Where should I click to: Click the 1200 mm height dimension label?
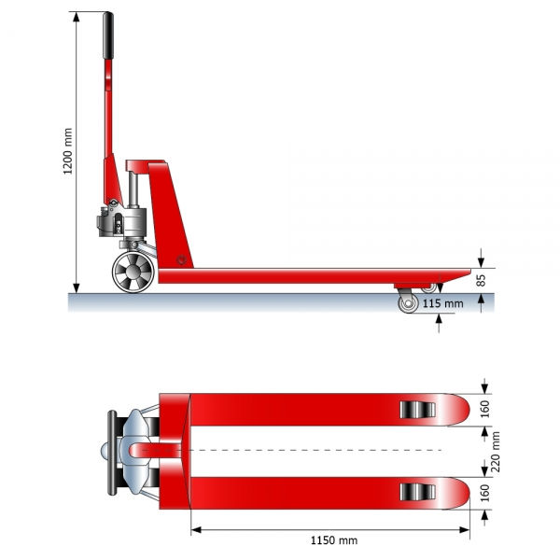[67, 151]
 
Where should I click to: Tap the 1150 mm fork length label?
[334, 540]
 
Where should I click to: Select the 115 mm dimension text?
[442, 303]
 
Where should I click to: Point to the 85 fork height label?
[481, 280]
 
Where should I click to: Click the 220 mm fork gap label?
[496, 452]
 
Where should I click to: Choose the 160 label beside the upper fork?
[484, 410]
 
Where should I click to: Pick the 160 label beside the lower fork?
[484, 493]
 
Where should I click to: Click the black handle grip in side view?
[108, 35]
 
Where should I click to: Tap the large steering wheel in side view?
[133, 272]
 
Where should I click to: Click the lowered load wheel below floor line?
[408, 303]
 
